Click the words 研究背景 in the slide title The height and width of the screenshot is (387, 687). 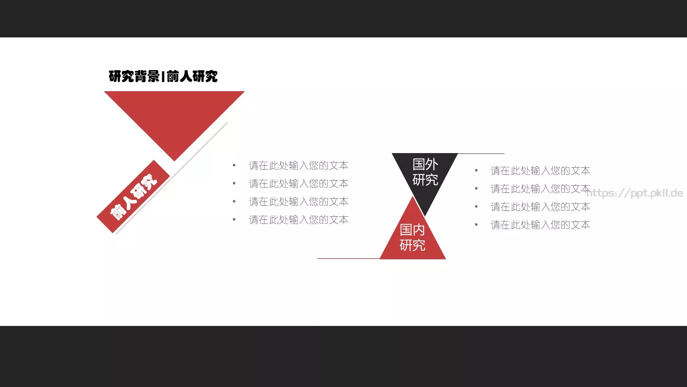pos(134,77)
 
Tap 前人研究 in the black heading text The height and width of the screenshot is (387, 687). pos(192,77)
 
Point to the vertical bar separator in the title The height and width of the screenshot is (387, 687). pos(163,77)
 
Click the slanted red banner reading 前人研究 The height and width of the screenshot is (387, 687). pos(133,197)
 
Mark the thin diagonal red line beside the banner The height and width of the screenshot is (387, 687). pos(171,178)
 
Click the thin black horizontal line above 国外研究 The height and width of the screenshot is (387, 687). pos(481,153)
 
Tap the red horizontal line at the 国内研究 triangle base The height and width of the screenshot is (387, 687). pos(348,258)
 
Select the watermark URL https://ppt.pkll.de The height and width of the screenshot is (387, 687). pos(635,193)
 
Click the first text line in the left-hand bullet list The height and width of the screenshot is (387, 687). pos(299,166)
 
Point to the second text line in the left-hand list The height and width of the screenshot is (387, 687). pos(299,184)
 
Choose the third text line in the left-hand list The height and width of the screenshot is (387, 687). pos(299,202)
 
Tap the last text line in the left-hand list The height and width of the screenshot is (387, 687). pos(299,220)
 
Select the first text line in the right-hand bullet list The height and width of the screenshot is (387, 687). pos(541,171)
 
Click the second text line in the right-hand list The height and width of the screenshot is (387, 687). pos(541,189)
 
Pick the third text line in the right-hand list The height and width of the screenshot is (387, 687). pos(541,207)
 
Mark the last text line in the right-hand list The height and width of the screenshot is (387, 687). pos(541,225)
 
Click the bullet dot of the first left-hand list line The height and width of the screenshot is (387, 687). pos(234,166)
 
